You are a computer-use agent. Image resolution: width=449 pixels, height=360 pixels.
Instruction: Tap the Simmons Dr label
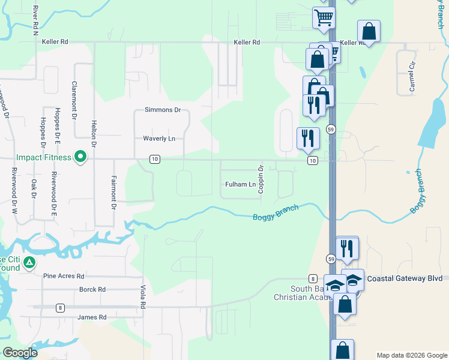pos(163,110)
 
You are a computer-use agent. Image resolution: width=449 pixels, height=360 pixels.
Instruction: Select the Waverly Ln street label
pos(159,139)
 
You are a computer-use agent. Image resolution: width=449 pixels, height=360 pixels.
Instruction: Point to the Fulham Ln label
pos(240,184)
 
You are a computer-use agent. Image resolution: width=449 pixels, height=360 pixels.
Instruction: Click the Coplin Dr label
pos(261,179)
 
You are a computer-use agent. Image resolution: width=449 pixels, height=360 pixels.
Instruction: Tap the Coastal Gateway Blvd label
pos(404,278)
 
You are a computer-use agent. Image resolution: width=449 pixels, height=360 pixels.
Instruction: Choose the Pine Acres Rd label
pos(64,276)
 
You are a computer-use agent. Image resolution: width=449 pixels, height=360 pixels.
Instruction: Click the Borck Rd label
pos(92,289)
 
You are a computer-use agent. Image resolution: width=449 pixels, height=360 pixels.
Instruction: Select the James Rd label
pos(92,317)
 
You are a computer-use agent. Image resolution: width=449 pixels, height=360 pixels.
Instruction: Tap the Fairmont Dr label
pos(113,192)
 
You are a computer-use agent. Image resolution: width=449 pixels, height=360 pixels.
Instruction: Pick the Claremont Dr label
pos(74,101)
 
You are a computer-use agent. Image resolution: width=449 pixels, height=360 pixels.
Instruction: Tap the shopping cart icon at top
pos(324,18)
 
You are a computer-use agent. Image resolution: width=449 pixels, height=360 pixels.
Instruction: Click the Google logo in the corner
pos(20,353)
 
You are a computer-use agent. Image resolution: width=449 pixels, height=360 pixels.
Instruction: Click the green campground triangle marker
pos(29,263)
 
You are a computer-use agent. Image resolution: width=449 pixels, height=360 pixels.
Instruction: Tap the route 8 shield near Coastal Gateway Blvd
pos(313,278)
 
